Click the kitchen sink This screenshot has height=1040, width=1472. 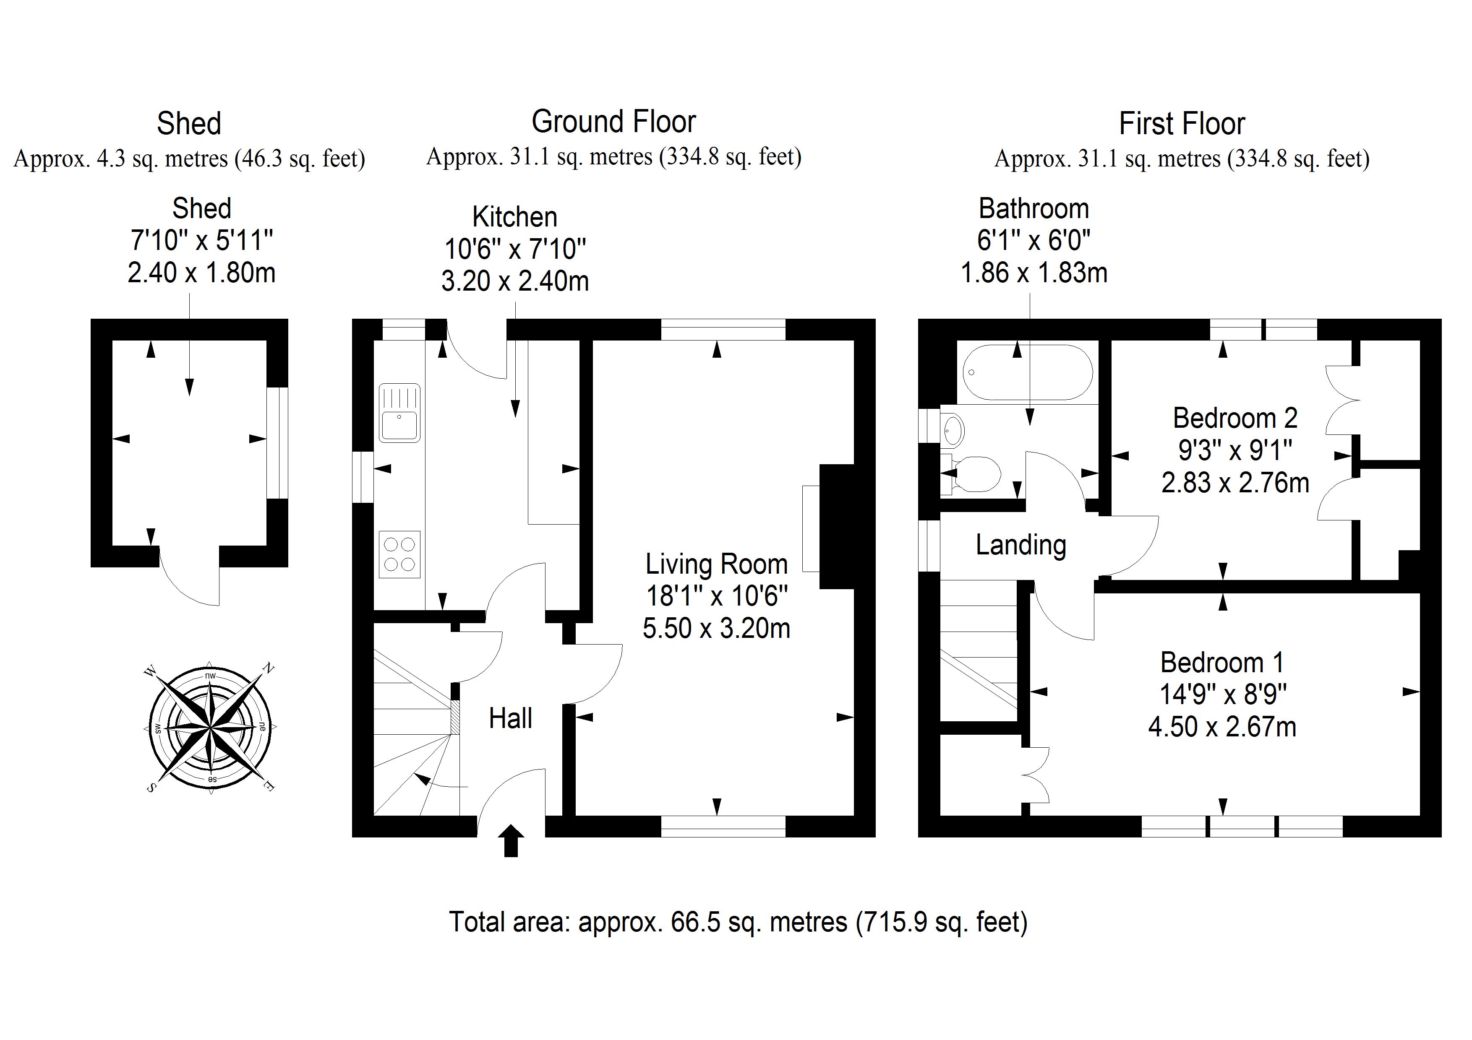pyautogui.click(x=399, y=413)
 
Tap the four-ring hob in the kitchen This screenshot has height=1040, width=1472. pyautogui.click(x=399, y=554)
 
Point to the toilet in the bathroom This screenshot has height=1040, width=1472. pyautogui.click(x=971, y=475)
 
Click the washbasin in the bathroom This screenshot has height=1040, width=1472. pyautogui.click(x=953, y=429)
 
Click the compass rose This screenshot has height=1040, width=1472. pyautogui.click(x=210, y=728)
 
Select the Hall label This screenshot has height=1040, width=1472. pyautogui.click(x=510, y=718)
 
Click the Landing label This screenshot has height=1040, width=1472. pyautogui.click(x=1020, y=545)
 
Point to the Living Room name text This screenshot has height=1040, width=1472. pyautogui.click(x=716, y=564)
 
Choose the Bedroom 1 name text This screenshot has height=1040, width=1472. pyautogui.click(x=1222, y=663)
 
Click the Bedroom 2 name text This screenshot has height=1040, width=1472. pyautogui.click(x=1235, y=419)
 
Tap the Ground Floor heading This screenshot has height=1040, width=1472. pyautogui.click(x=613, y=122)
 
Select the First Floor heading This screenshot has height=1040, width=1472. pyautogui.click(x=1182, y=124)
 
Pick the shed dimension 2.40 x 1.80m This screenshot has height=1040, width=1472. pyautogui.click(x=201, y=273)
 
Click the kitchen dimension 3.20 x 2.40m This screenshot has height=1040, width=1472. pyautogui.click(x=515, y=281)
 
